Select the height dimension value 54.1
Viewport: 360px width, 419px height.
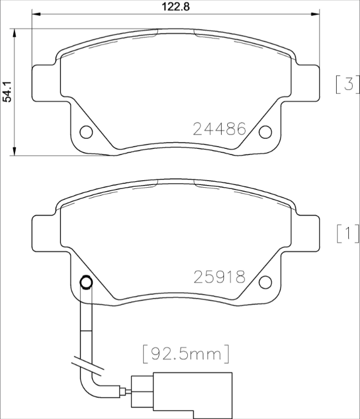7,89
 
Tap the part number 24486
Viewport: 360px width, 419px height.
219,129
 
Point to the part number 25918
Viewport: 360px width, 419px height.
219,276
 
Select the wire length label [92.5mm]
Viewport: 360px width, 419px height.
186,353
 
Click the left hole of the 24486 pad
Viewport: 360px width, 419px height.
86,132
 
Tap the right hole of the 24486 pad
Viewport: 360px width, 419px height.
265,132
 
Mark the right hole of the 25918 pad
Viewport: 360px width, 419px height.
265,281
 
